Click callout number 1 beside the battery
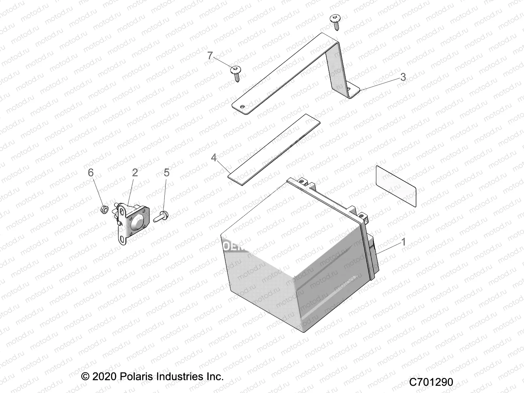pyautogui.click(x=403, y=242)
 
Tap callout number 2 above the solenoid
pyautogui.click(x=135, y=173)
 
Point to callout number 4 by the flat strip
pyautogui.click(x=214, y=158)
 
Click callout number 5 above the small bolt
pyautogui.click(x=166, y=173)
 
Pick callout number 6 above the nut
pyautogui.click(x=91, y=173)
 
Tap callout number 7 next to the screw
pyautogui.click(x=210, y=56)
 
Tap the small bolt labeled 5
pyautogui.click(x=161, y=216)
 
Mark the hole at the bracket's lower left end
pyautogui.click(x=242, y=106)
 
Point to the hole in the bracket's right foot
pyautogui.click(x=349, y=88)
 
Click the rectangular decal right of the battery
pyautogui.click(x=396, y=186)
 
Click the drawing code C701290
pyautogui.click(x=431, y=382)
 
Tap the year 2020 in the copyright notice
pyautogui.click(x=103, y=376)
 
